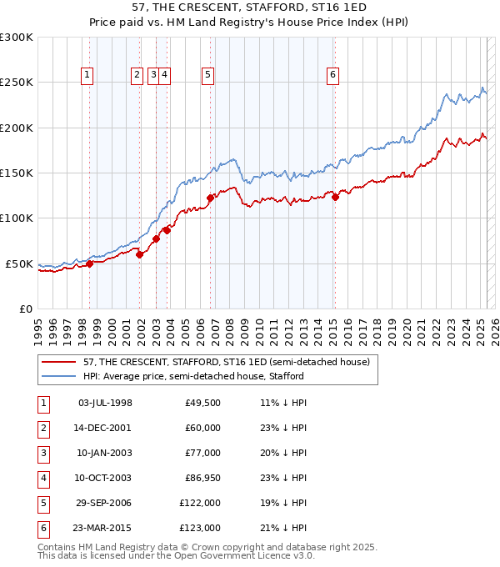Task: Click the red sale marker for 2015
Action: pyautogui.click(x=335, y=197)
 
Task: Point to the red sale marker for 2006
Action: pyautogui.click(x=211, y=198)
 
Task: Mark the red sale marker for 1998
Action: pyautogui.click(x=90, y=263)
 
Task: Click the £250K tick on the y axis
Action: pyautogui.click(x=17, y=83)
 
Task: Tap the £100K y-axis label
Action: pyautogui.click(x=17, y=218)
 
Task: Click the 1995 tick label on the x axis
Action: pyautogui.click(x=39, y=326)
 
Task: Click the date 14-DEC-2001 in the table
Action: pyautogui.click(x=104, y=428)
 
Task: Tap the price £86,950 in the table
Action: pyautogui.click(x=200, y=478)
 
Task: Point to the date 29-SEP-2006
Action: pyautogui.click(x=104, y=503)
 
